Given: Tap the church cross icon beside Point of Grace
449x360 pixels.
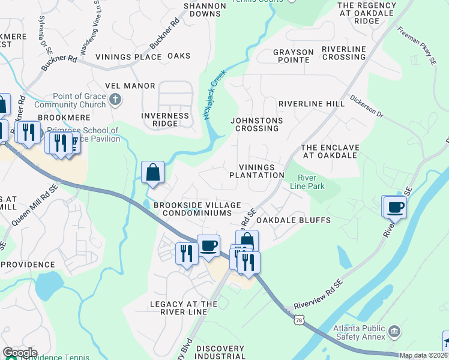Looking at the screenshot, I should point(116,100).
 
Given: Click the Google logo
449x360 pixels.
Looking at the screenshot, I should point(20,353).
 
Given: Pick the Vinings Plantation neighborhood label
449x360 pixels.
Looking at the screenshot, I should point(256,171).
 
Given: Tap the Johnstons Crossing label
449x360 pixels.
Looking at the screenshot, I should point(256,124).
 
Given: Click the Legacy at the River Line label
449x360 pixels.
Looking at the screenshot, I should point(183,308).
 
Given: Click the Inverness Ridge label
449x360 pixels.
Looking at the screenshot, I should point(164,119).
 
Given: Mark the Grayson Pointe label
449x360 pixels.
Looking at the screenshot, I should point(293,56).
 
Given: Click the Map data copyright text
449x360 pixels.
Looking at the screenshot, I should point(423,355).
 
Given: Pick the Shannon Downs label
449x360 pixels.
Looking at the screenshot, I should point(205,10).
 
